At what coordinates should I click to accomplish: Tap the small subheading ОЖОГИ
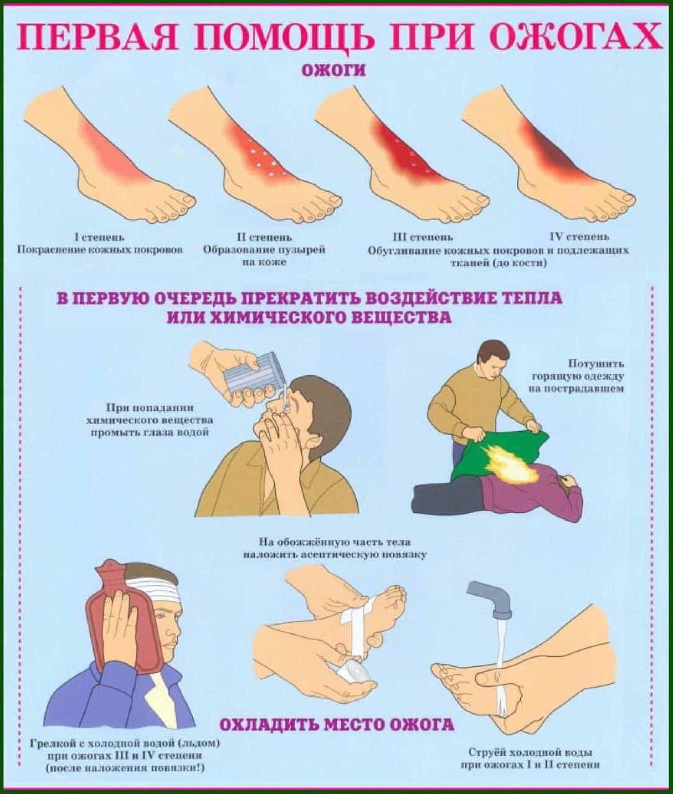tap(334, 71)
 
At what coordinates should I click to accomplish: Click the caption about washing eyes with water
tap(150, 420)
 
